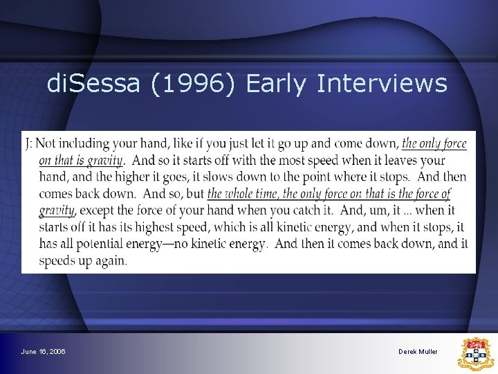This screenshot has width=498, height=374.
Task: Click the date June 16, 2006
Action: [x=44, y=352]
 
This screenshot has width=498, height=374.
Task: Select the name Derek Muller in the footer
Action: [x=418, y=352]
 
